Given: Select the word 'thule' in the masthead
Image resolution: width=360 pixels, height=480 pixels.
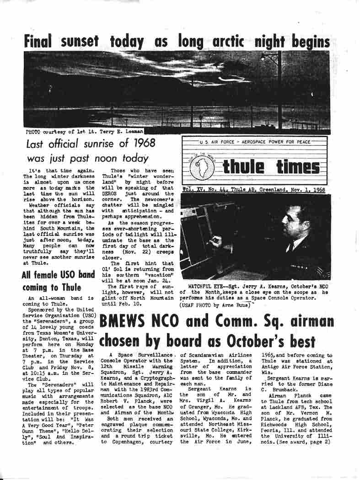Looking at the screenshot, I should pyautogui.click(x=243, y=168).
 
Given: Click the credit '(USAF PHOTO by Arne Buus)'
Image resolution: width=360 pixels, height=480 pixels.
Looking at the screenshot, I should pyautogui.click(x=215, y=304).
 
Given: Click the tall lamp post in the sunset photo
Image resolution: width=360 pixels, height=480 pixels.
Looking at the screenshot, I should pyautogui.click(x=279, y=91).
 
